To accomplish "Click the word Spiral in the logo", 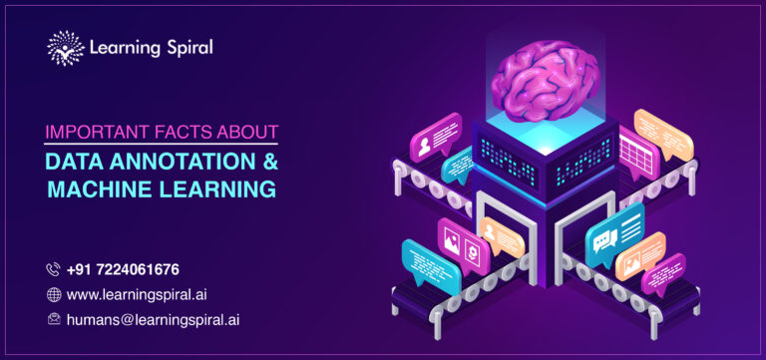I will click(183, 47).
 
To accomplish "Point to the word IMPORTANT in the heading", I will click(93, 132).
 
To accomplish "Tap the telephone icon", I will click(53, 269).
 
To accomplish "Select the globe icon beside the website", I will click(53, 294).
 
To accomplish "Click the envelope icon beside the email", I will click(53, 320).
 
